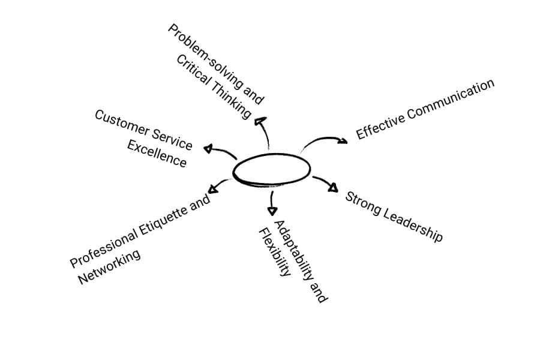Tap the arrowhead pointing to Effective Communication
click(343, 141)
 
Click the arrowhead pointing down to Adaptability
click(272, 211)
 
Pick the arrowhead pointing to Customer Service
click(208, 148)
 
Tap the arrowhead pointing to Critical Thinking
click(260, 121)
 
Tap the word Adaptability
click(293, 249)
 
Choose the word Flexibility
click(275, 252)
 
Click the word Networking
click(109, 266)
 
